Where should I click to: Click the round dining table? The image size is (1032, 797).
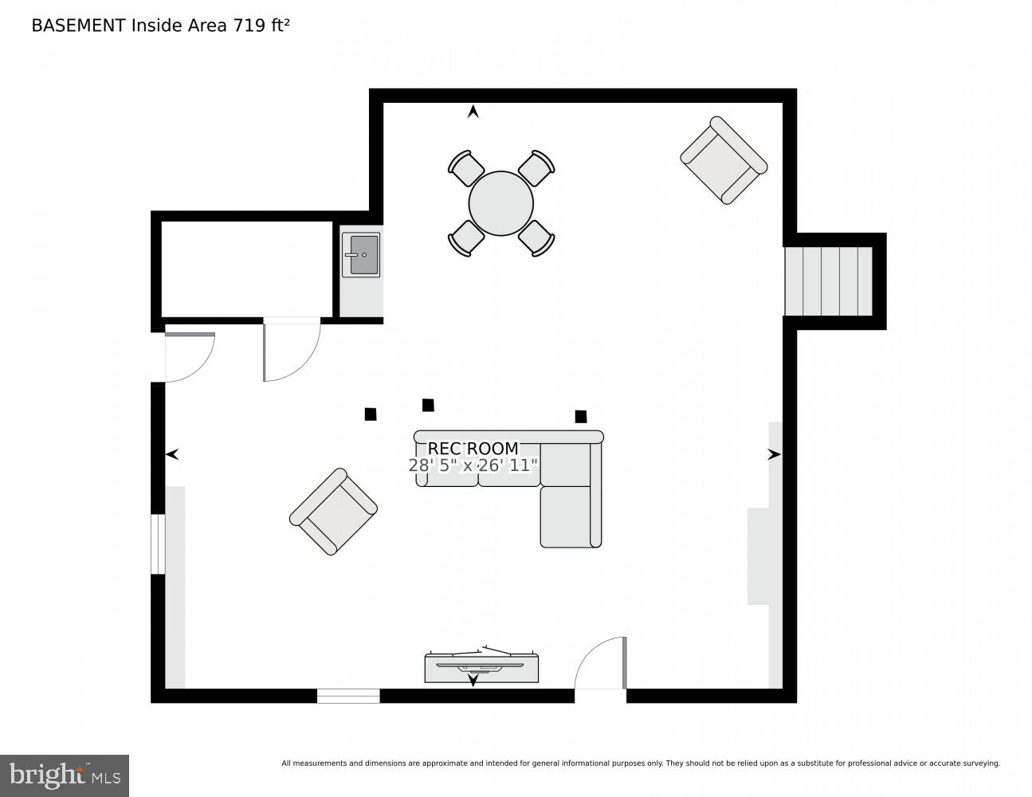[x=500, y=203]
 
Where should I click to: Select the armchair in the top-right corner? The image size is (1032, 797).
[x=724, y=160]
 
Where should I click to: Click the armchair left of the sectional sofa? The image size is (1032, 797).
[x=333, y=512]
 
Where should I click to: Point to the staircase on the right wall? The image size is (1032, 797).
[x=828, y=281]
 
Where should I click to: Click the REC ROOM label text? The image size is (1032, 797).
[x=473, y=449]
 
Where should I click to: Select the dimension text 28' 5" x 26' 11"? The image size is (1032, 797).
[x=473, y=465]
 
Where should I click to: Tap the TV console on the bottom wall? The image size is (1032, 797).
[x=481, y=668]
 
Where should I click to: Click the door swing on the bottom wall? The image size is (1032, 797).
[x=602, y=665]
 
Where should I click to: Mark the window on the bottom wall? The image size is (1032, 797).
[x=348, y=696]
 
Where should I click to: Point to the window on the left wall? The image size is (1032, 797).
[x=158, y=544]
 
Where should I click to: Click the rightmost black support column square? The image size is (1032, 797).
[x=581, y=416]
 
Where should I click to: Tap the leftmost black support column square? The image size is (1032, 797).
[x=371, y=414]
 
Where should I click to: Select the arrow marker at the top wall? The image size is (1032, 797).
[x=473, y=112]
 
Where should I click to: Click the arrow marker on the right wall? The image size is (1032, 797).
[x=774, y=454]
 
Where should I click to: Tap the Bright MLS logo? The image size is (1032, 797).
[x=65, y=775]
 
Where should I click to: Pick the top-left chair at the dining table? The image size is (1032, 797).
[x=466, y=168]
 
